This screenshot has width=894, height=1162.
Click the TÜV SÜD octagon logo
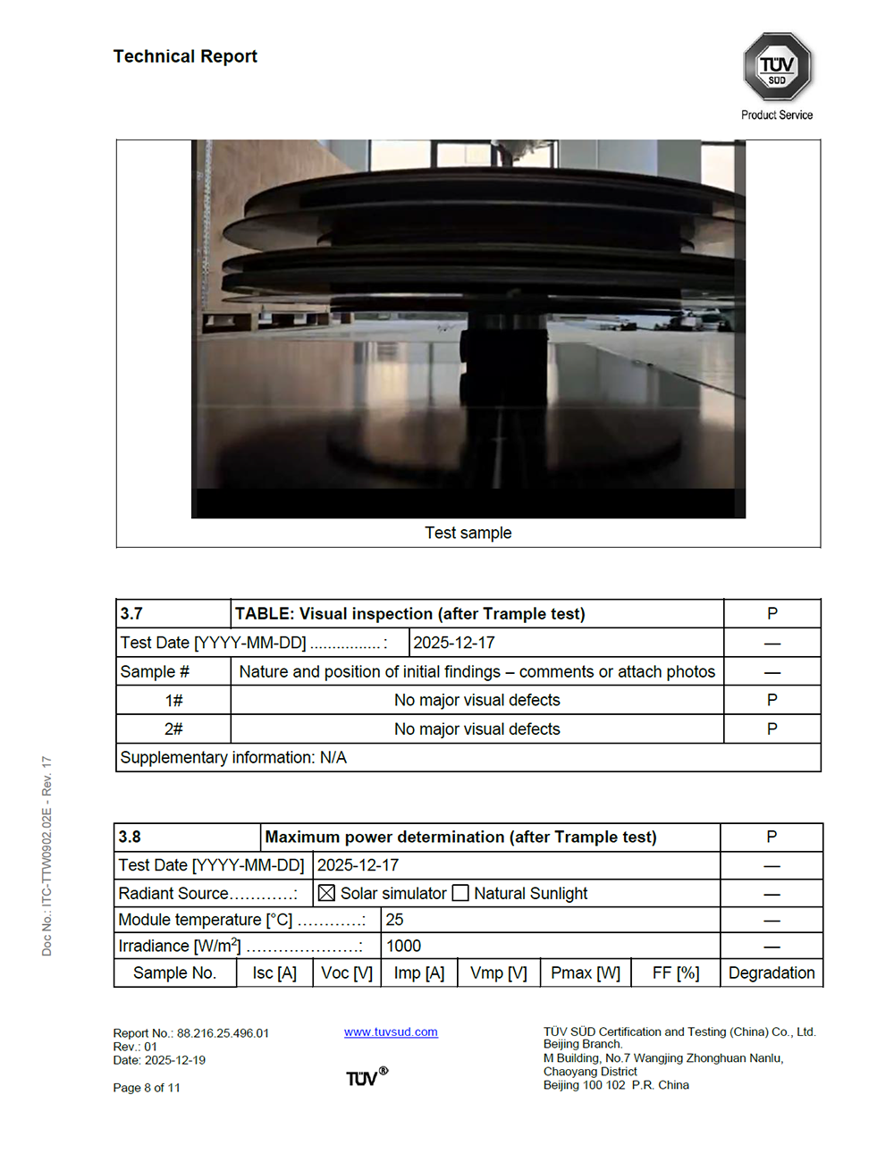point(777,67)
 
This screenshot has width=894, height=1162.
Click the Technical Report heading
point(185,56)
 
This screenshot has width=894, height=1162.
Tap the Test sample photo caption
point(468,533)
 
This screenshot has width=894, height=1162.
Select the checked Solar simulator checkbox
point(326,893)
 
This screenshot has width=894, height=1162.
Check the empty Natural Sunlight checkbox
point(460,893)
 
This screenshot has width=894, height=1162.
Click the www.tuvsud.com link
point(391,1031)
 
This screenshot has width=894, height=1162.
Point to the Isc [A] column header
point(274,973)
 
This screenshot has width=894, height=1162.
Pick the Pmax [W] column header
point(586,973)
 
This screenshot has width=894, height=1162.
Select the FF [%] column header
point(676,973)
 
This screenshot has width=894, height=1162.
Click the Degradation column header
point(772,973)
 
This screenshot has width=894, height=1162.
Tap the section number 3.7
point(131,613)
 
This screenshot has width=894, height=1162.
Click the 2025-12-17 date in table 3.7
point(453,643)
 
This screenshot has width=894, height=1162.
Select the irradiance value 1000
point(403,946)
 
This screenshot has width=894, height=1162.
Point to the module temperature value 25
point(394,920)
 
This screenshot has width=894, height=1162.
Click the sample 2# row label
point(173,729)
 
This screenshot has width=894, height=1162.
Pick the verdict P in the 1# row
point(772,700)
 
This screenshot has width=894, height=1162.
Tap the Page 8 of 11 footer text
point(147,1088)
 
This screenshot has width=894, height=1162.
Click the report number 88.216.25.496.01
point(223,1033)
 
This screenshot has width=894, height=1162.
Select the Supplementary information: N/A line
point(233,757)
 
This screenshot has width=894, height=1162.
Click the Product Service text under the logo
point(777,114)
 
